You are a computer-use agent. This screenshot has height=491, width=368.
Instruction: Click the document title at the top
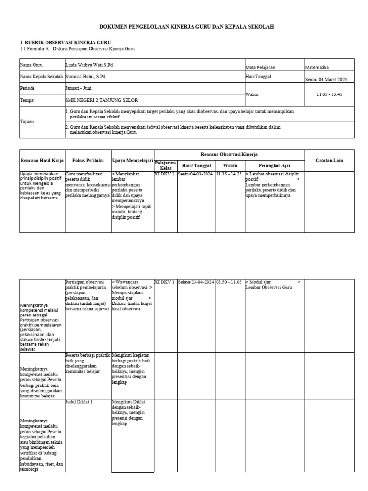click(x=186, y=28)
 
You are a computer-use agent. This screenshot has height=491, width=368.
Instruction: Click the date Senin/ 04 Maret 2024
click(x=325, y=80)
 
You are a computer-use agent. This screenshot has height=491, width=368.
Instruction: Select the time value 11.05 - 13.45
click(x=329, y=94)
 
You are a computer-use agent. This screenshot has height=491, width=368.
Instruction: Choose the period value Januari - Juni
click(x=78, y=88)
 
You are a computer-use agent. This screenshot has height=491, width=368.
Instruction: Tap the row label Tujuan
click(x=26, y=122)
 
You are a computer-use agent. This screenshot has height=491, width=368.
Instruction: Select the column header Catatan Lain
click(x=329, y=160)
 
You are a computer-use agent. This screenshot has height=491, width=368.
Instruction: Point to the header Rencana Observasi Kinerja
click(x=229, y=154)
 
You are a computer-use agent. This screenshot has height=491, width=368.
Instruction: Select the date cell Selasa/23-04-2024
click(x=195, y=282)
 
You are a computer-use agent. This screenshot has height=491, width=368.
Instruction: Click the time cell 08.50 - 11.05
click(x=230, y=282)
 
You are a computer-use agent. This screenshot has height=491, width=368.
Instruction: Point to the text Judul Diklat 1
click(x=79, y=402)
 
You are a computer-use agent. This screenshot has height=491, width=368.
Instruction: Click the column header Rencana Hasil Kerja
click(x=42, y=160)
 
